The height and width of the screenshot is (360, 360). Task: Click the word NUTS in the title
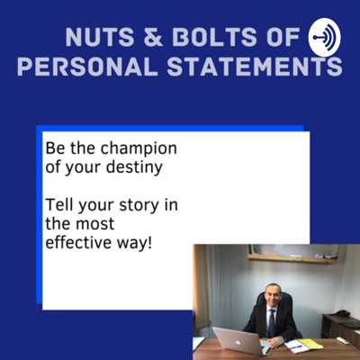99,37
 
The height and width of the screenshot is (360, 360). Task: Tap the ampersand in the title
152,37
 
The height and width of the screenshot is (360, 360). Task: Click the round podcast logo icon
325,38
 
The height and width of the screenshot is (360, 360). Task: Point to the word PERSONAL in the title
87,66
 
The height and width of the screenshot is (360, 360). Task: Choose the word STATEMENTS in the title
255,66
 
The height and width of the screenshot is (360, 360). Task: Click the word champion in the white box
139,149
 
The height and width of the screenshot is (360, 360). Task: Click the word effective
78,242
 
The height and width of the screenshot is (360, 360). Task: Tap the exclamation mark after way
149,242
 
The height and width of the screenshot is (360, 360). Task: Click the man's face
273,296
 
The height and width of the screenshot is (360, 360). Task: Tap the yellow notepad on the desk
310,344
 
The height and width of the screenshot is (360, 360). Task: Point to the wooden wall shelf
292,259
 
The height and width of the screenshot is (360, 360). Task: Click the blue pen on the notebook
294,346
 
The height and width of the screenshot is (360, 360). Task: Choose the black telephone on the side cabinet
343,313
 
